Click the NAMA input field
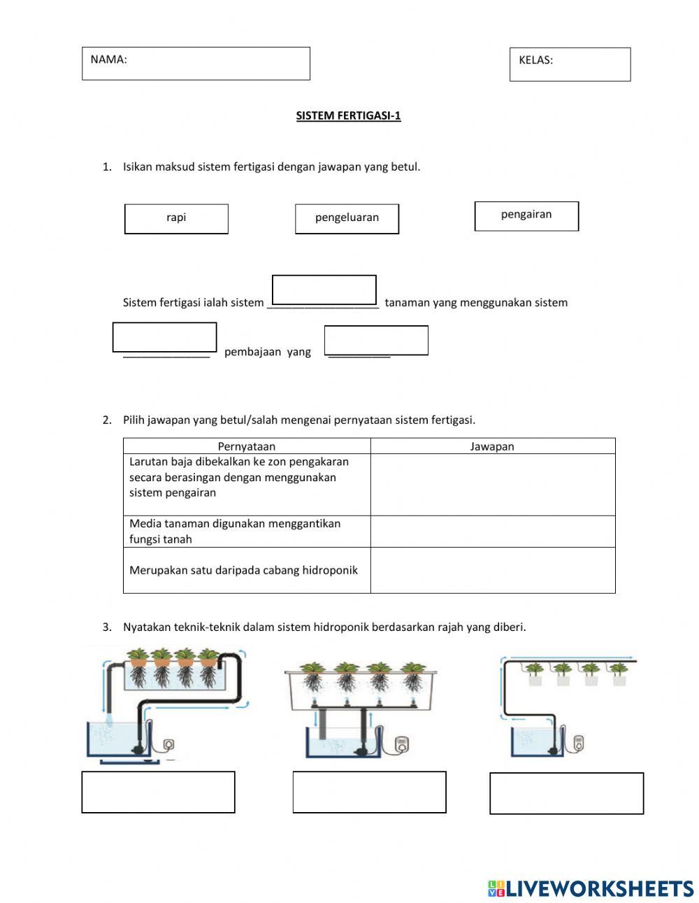(x=196, y=64)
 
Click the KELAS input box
(x=570, y=64)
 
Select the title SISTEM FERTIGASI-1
(x=348, y=116)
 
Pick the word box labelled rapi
(x=176, y=218)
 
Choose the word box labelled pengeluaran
(x=347, y=218)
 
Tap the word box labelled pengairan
(x=526, y=215)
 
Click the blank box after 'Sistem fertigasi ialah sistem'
(x=324, y=290)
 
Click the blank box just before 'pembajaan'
(x=165, y=337)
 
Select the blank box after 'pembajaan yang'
(x=376, y=341)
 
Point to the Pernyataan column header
(x=247, y=446)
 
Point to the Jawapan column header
(x=492, y=446)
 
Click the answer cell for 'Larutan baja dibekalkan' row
(x=492, y=485)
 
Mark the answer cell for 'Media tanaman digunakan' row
(x=492, y=532)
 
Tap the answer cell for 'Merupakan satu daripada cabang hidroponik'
(x=492, y=570)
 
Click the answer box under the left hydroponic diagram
(x=158, y=792)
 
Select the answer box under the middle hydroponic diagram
(x=369, y=792)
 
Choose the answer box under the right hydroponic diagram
(x=566, y=793)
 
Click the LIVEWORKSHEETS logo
(x=591, y=888)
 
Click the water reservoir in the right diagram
(x=533, y=741)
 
